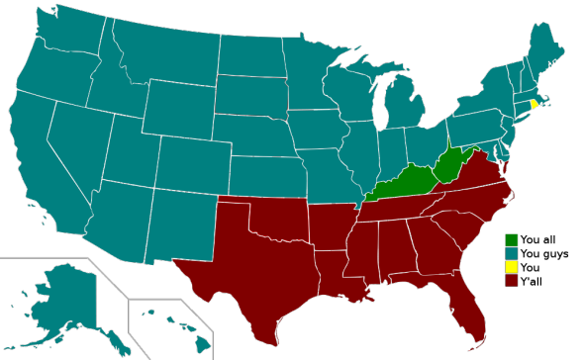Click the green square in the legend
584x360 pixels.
click(x=511, y=240)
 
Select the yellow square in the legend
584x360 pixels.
click(x=511, y=266)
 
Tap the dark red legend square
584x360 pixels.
click(x=511, y=280)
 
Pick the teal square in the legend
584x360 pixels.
click(x=511, y=253)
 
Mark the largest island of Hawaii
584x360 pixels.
click(x=202, y=343)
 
